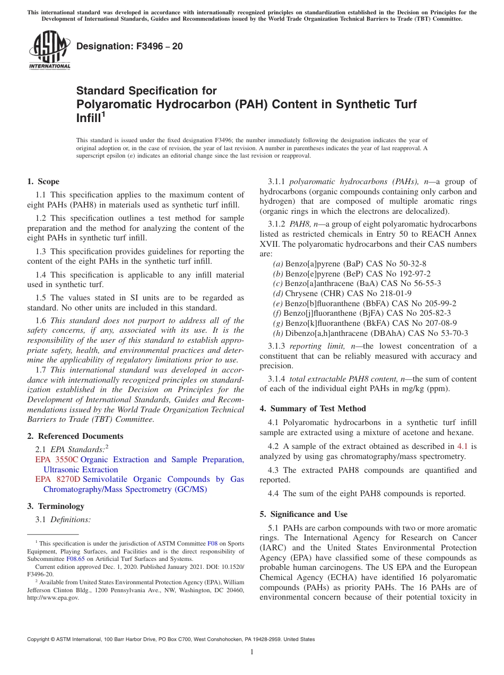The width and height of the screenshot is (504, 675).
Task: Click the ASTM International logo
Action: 49,50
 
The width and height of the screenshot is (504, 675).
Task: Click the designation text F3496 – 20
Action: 129,46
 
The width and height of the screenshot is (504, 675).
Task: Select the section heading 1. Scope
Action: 44,181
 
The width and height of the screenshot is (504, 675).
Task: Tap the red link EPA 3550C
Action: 57,460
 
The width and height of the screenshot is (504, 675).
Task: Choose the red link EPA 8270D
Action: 58,479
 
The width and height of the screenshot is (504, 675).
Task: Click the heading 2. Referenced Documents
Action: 75,436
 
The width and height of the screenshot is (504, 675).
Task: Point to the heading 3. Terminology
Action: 56,506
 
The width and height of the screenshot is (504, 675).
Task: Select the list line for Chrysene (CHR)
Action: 342,293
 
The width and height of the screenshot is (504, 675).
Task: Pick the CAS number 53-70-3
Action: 454,333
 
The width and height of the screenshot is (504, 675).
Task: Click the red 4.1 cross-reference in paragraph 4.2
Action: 462,446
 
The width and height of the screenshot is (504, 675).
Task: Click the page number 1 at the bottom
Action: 252,652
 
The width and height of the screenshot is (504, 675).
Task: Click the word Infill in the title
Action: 88,118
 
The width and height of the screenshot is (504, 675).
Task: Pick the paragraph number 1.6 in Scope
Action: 41,321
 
